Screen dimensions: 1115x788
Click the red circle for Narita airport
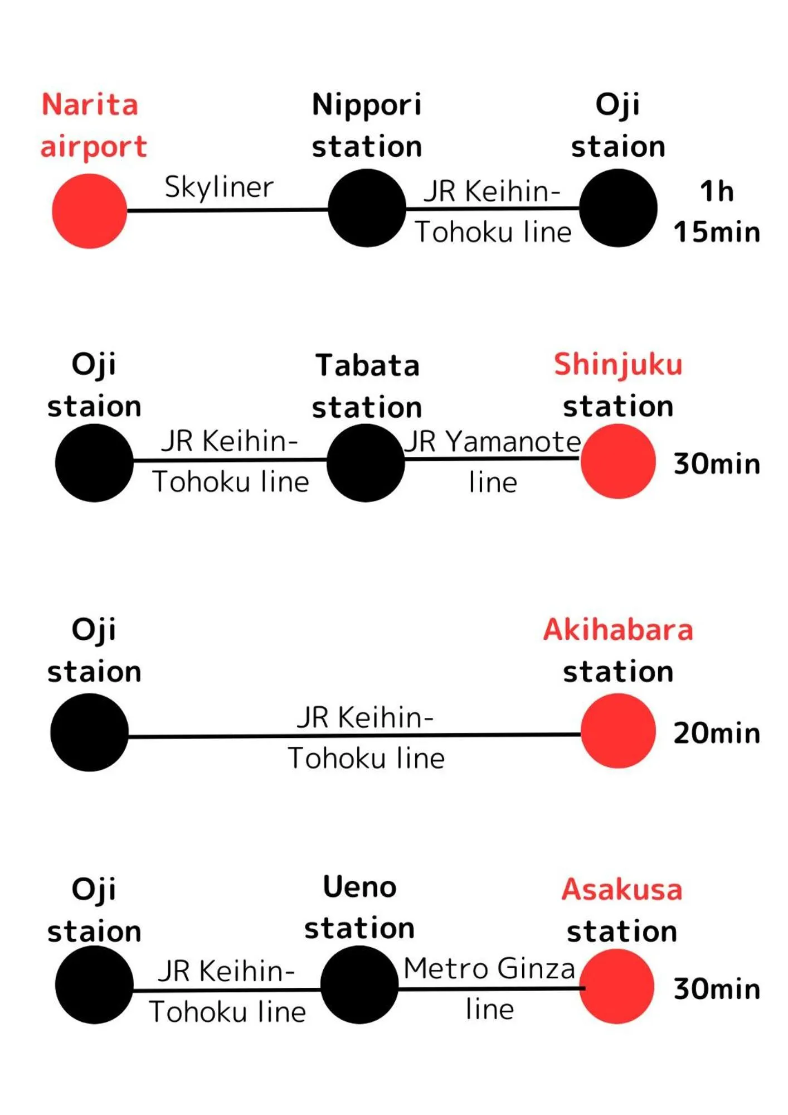click(x=89, y=211)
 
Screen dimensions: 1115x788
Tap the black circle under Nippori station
click(x=367, y=208)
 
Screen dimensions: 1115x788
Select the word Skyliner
click(x=219, y=187)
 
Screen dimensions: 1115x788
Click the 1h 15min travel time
click(x=717, y=211)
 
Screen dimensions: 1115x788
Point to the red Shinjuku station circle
click(x=617, y=461)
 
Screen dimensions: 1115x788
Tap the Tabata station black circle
click(x=366, y=462)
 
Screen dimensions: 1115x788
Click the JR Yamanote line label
click(x=493, y=461)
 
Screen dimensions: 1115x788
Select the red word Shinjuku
click(x=618, y=365)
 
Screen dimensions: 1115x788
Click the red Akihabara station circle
click(x=617, y=731)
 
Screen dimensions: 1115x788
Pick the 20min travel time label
click(x=717, y=733)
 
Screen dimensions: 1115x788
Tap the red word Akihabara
click(x=618, y=630)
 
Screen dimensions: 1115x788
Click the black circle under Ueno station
click(x=359, y=985)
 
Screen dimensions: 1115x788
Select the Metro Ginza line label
click(x=489, y=988)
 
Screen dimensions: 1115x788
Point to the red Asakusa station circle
click(x=616, y=986)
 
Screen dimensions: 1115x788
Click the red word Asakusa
click(x=622, y=889)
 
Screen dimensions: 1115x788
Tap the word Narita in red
click(x=90, y=105)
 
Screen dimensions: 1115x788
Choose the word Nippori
click(x=367, y=105)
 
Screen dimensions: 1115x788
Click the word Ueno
click(x=359, y=887)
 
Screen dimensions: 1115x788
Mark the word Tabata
click(x=367, y=365)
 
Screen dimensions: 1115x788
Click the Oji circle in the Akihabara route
click(x=89, y=732)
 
